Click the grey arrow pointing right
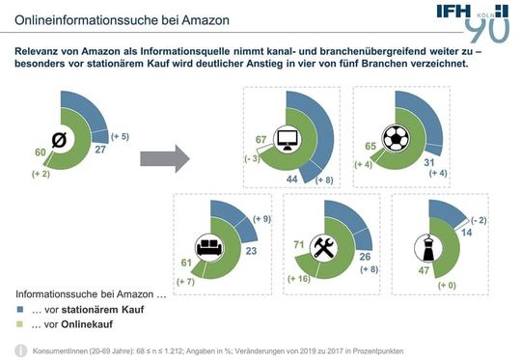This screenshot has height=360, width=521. (x=165, y=155)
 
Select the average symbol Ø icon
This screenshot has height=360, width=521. (x=59, y=138)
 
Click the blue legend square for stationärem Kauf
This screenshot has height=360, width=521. (x=20, y=309)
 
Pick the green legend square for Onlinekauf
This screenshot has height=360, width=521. (x=20, y=324)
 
